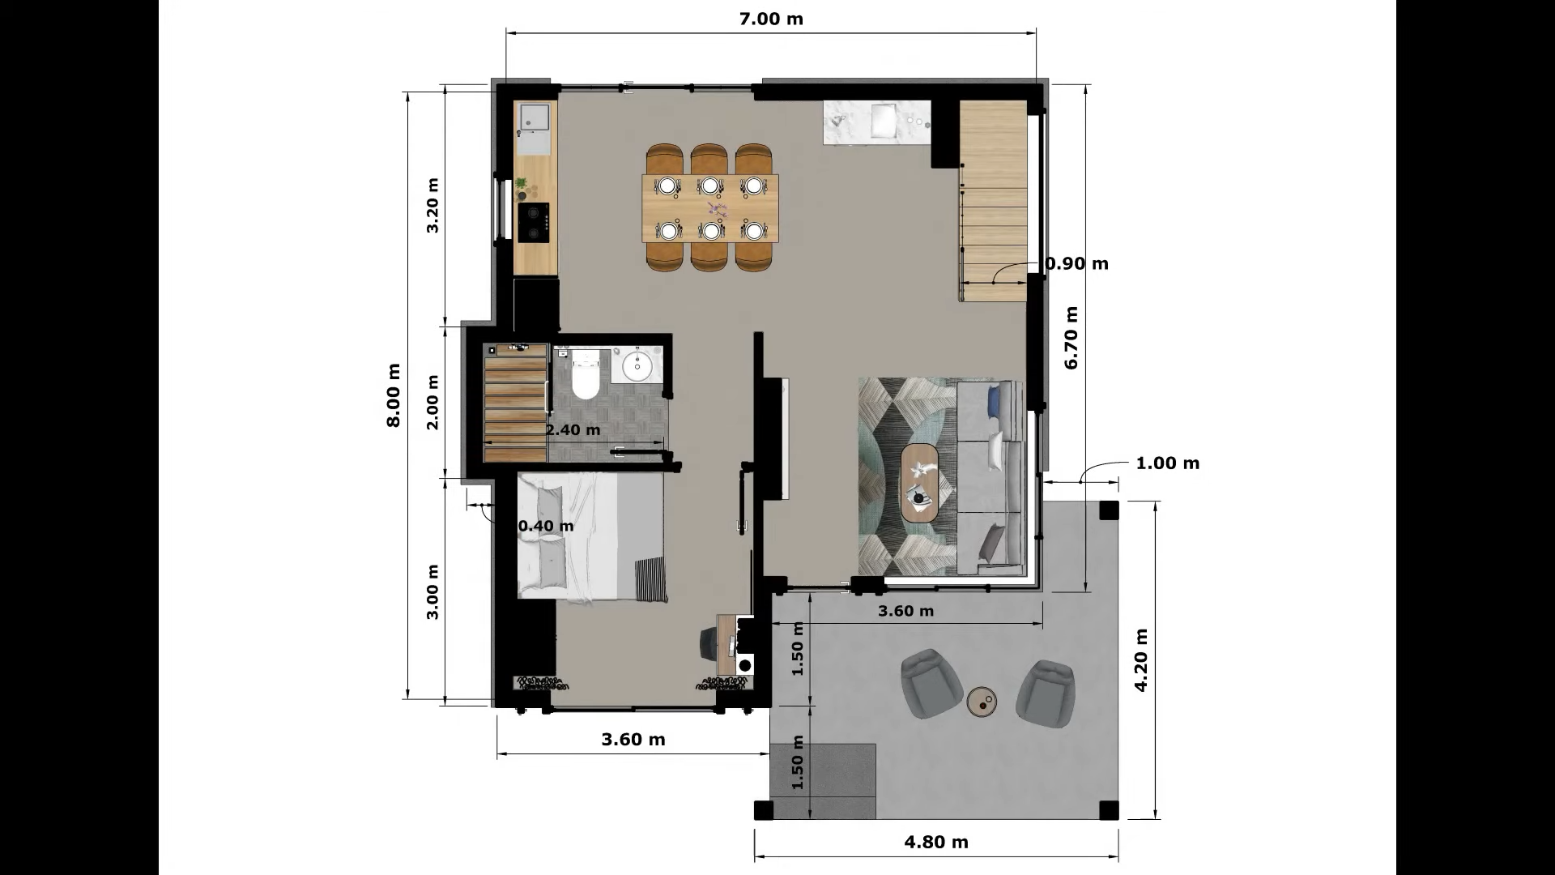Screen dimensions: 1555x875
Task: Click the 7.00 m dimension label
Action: [771, 19]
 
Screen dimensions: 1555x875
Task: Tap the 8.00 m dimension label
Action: [394, 395]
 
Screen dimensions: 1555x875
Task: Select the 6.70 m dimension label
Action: [1071, 338]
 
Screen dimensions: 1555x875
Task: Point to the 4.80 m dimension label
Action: [936, 842]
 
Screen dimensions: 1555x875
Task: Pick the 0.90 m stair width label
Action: [1077, 263]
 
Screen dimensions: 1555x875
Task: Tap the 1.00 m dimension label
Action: [1168, 463]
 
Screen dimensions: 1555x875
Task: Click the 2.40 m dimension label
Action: [573, 429]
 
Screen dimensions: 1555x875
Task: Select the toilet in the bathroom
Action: [585, 375]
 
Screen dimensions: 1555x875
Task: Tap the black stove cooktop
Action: [535, 223]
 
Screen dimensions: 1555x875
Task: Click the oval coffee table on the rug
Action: [920, 483]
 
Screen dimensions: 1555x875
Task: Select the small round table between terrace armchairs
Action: [982, 702]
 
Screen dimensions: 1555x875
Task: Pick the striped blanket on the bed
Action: [652, 579]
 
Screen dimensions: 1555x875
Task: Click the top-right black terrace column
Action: [1109, 510]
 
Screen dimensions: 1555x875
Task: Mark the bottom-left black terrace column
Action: [764, 810]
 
